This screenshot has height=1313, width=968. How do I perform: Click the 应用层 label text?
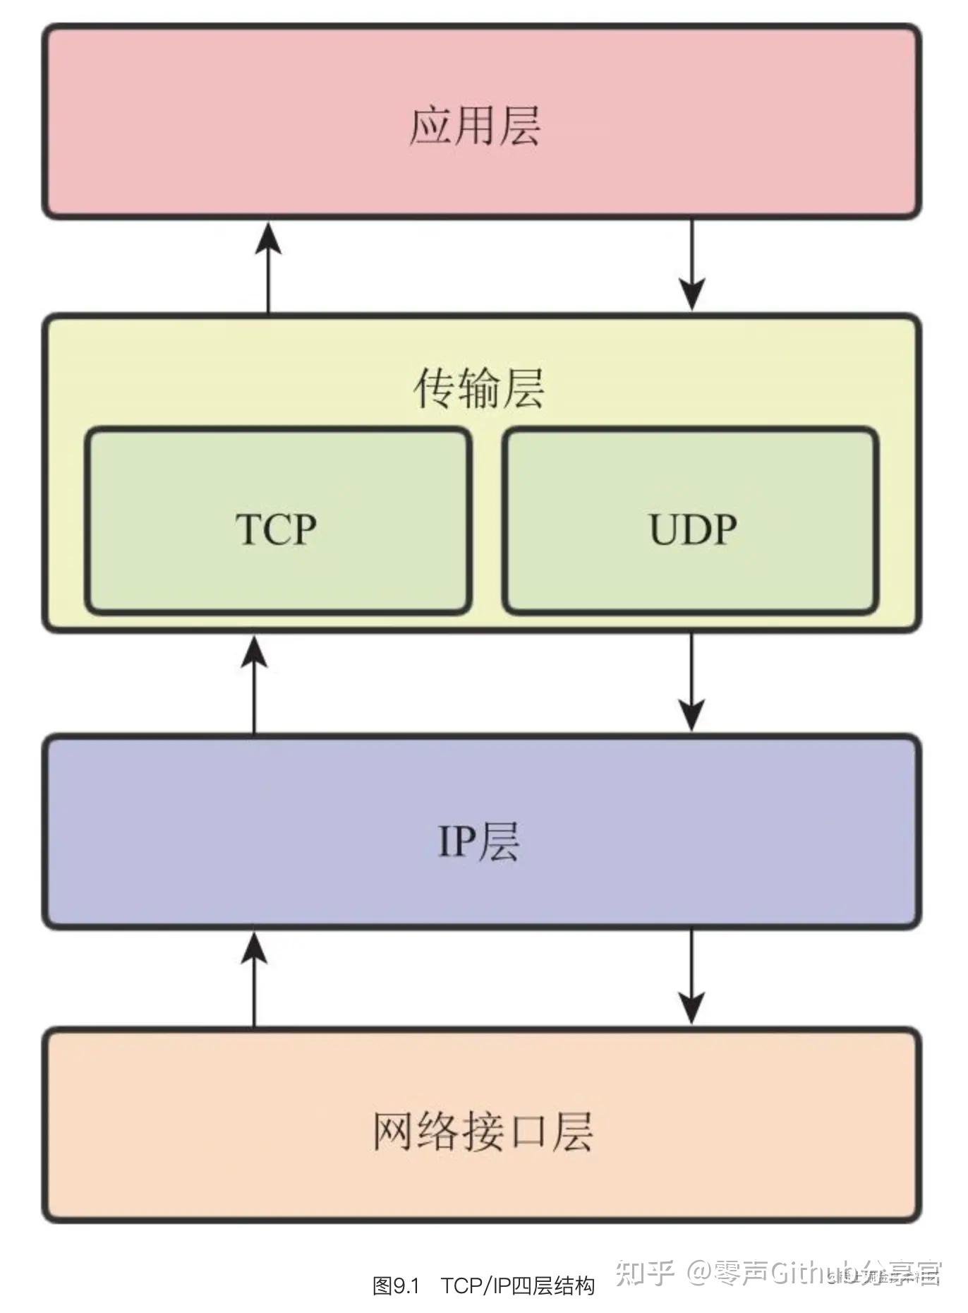[x=475, y=126]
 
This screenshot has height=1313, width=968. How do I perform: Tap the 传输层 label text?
[x=479, y=388]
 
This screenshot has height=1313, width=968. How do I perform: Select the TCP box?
[x=277, y=521]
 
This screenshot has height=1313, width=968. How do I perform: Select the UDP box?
[x=691, y=521]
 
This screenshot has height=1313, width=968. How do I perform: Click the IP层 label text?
[x=479, y=841]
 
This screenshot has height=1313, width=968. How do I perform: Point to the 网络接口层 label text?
[x=483, y=1132]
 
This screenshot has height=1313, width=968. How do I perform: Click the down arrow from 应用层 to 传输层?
[x=692, y=265]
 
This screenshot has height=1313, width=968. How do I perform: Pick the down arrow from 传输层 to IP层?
[x=692, y=683]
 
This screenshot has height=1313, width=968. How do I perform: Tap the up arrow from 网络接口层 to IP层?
[x=254, y=978]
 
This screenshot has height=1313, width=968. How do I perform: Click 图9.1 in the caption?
[x=396, y=1285]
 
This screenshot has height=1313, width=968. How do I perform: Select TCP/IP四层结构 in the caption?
[x=518, y=1285]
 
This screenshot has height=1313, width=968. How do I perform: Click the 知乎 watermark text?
[x=645, y=1272]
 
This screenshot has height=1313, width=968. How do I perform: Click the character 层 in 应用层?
[x=520, y=126]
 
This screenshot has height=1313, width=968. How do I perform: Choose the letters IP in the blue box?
[x=458, y=841]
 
